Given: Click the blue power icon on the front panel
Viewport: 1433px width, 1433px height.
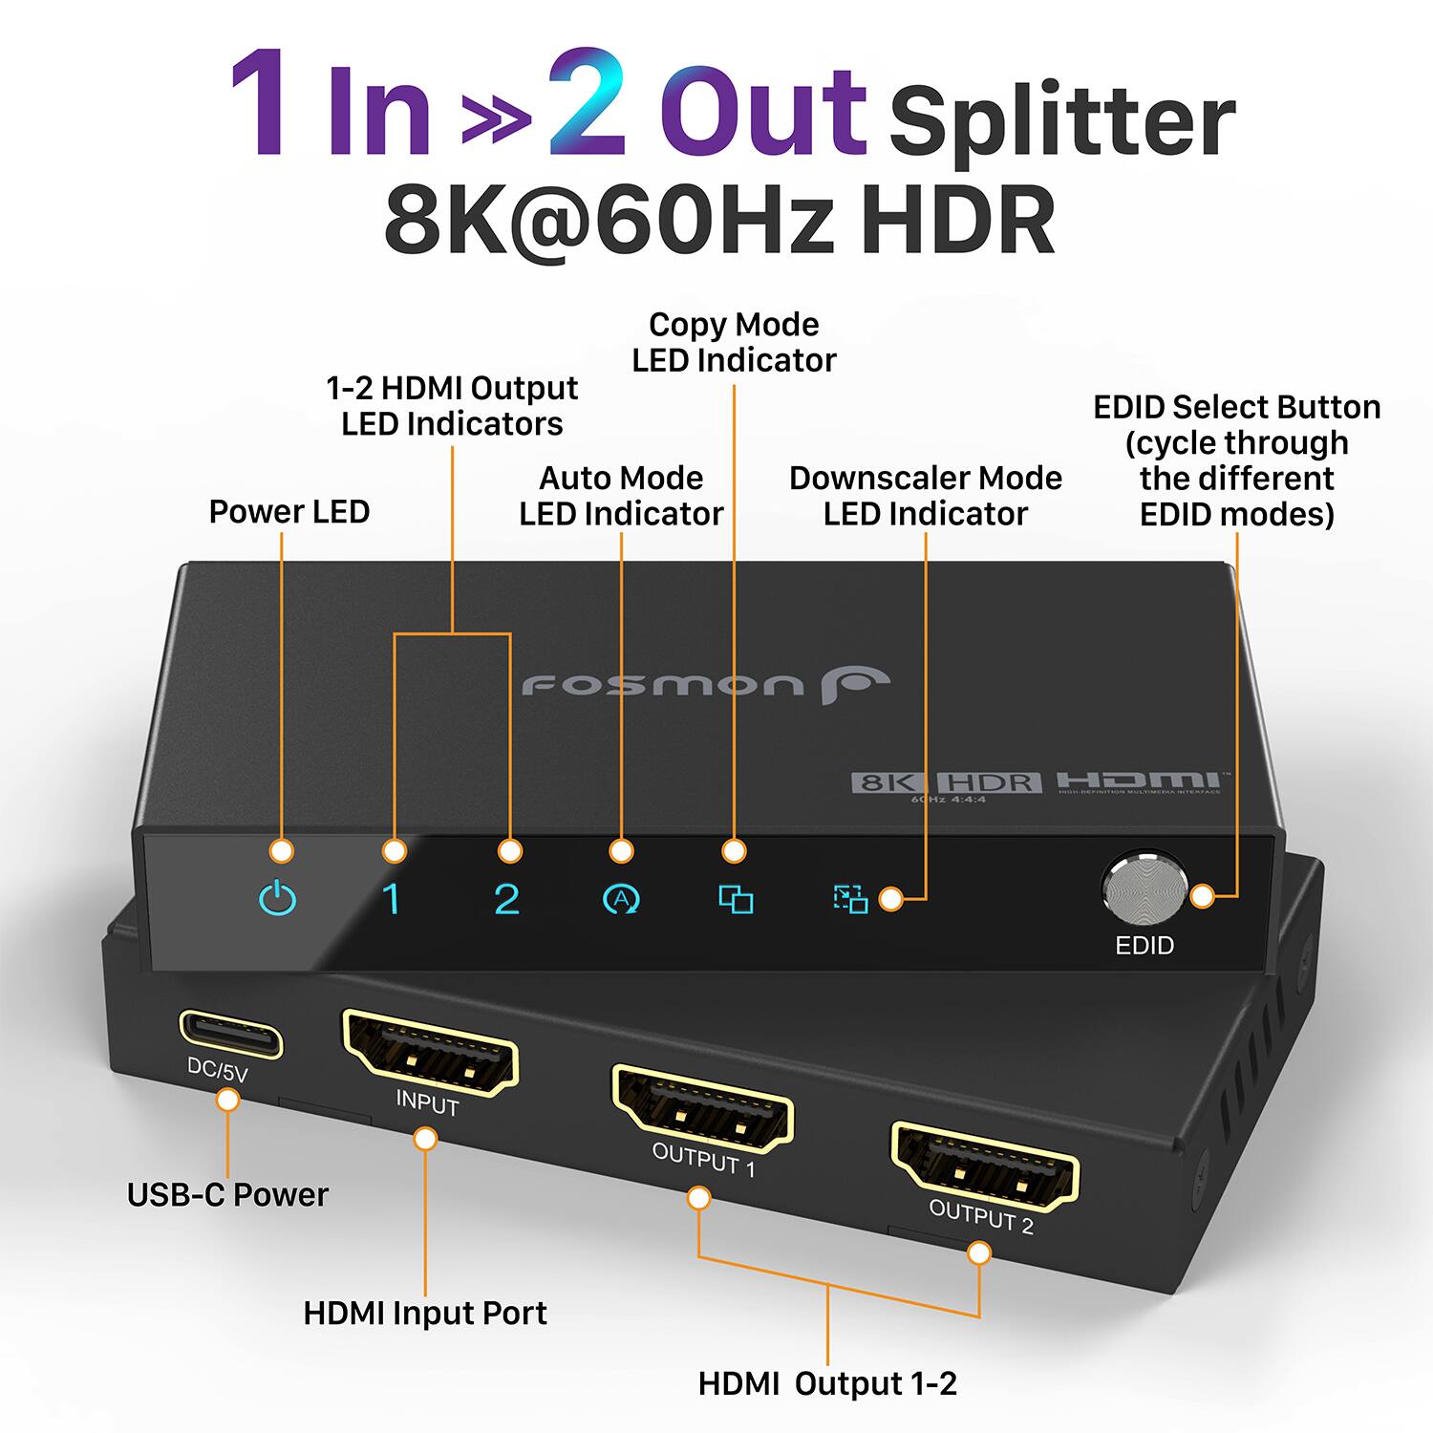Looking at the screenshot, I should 278,899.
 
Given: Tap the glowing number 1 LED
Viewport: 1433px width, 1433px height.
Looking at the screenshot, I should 391,899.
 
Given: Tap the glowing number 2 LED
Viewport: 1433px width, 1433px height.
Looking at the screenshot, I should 506,899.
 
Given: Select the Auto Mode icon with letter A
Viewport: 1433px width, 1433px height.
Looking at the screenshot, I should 621,899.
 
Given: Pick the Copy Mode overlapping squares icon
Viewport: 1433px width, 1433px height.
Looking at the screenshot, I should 736,899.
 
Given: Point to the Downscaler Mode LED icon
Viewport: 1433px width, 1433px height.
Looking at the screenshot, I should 849,899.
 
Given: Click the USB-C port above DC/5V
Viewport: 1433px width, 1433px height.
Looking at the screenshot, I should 231,1035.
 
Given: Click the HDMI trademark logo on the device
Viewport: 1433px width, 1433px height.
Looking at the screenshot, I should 1137,781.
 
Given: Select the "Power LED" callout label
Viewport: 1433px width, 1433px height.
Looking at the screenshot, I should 289,512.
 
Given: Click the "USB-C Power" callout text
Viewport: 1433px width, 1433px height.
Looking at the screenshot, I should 227,1195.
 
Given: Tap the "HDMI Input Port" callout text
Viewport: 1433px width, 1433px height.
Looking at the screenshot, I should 425,1314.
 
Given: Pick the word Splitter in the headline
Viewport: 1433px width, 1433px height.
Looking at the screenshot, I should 1061,121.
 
